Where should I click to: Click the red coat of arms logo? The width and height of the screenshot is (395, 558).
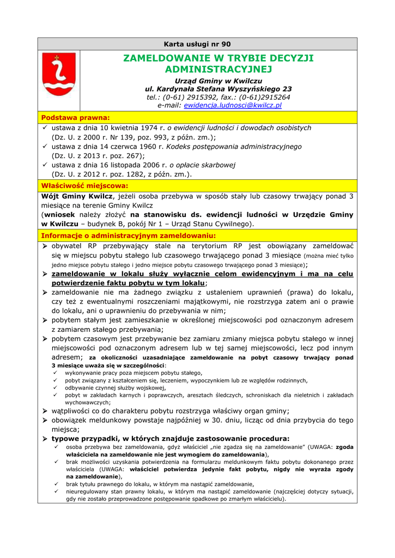(59, 75)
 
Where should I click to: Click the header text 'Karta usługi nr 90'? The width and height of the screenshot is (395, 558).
(197, 44)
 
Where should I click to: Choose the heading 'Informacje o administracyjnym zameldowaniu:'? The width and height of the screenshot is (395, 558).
(129, 235)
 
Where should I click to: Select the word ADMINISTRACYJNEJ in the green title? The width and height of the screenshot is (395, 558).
(218, 69)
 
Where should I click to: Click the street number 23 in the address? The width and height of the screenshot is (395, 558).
(287, 89)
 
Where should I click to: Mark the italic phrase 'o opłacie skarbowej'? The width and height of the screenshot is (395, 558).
(202, 165)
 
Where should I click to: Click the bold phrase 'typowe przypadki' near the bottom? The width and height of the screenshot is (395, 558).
(86, 438)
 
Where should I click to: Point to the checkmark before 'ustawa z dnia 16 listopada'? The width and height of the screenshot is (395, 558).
(46, 165)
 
